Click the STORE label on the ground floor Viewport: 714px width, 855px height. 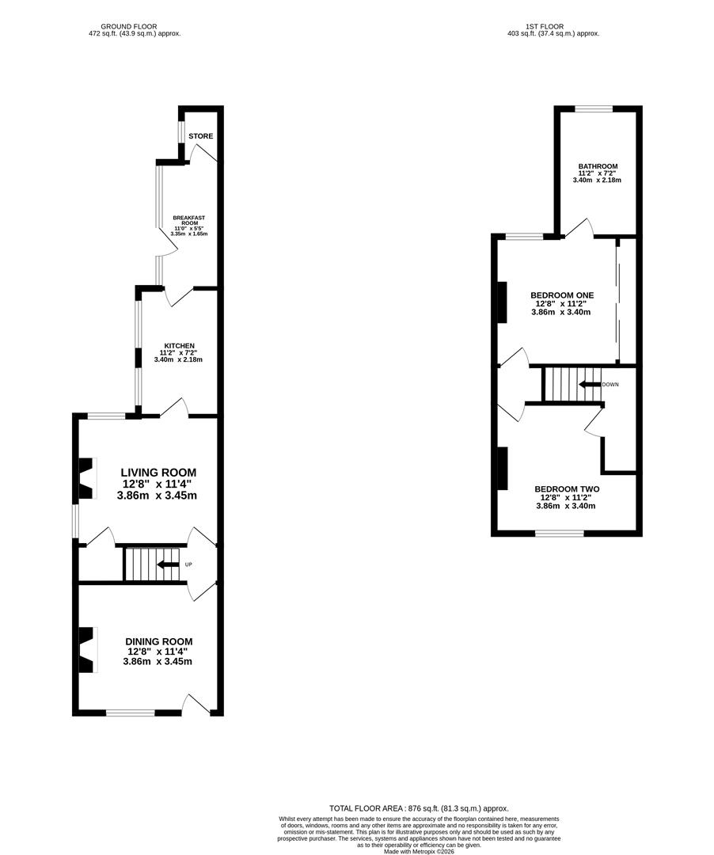pyautogui.click(x=200, y=136)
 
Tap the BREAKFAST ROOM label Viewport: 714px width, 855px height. pyautogui.click(x=189, y=220)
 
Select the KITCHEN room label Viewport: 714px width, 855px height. pyautogui.click(x=180, y=346)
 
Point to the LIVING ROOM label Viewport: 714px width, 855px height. pyautogui.click(x=158, y=472)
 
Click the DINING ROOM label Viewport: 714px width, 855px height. pyautogui.click(x=158, y=641)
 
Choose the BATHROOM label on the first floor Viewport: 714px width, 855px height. pyautogui.click(x=598, y=166)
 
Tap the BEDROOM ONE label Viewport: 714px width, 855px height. pyautogui.click(x=562, y=295)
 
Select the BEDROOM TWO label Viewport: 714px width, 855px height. pyautogui.click(x=567, y=489)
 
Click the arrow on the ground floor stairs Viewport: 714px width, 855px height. pyautogui.click(x=167, y=564)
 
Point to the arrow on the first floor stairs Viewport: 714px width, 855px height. pyautogui.click(x=589, y=385)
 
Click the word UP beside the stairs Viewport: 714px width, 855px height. pyautogui.click(x=188, y=564)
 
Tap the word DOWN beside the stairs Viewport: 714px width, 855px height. pyautogui.click(x=610, y=385)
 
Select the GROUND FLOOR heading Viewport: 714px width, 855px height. pyautogui.click(x=128, y=26)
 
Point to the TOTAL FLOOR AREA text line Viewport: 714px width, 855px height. pyautogui.click(x=419, y=808)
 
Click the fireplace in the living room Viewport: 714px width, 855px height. pyautogui.click(x=86, y=478)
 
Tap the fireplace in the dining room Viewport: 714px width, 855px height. pyautogui.click(x=86, y=650)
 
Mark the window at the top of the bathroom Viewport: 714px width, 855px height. pyautogui.click(x=594, y=108)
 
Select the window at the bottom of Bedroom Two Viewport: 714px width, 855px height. pyautogui.click(x=559, y=533)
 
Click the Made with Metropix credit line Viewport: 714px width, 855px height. pyautogui.click(x=419, y=851)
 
